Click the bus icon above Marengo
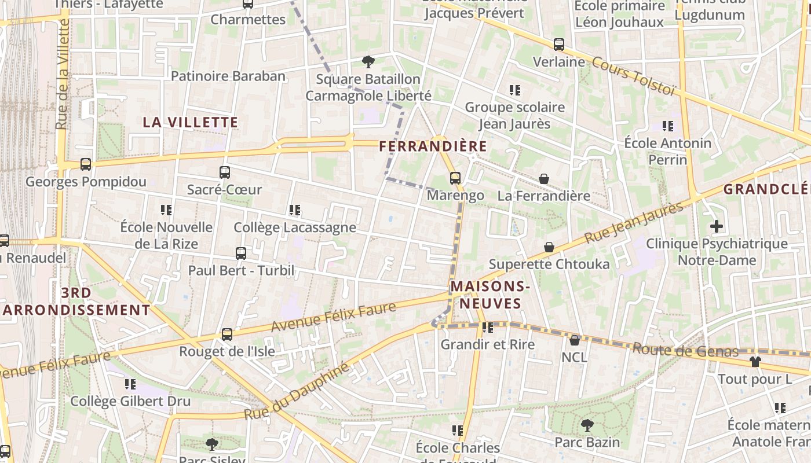point(455,178)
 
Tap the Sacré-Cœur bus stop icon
point(225,172)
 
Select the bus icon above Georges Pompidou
point(86,164)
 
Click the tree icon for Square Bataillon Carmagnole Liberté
point(368,61)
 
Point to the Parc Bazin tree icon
point(587,426)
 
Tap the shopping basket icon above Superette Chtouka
point(549,248)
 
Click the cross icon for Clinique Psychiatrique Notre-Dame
point(717,226)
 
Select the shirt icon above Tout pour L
point(755,362)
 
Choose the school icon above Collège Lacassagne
point(295,210)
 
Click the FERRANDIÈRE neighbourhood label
point(433,147)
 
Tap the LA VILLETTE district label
point(191,123)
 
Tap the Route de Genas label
point(685,350)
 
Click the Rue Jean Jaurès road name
point(634,223)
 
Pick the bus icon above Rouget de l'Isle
point(227,335)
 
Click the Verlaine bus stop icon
point(559,45)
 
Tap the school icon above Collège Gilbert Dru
point(130,384)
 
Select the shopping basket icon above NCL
point(575,340)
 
